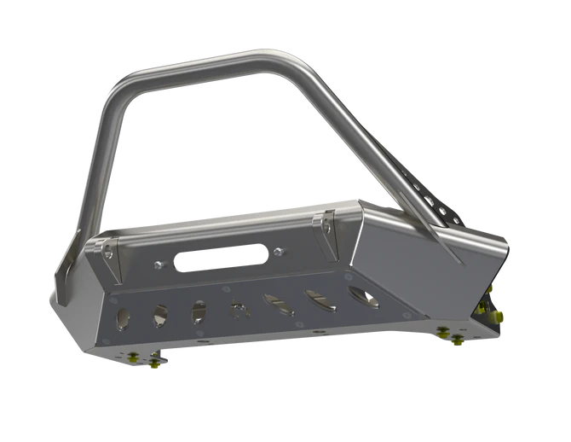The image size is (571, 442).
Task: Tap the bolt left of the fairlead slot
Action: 157,265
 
